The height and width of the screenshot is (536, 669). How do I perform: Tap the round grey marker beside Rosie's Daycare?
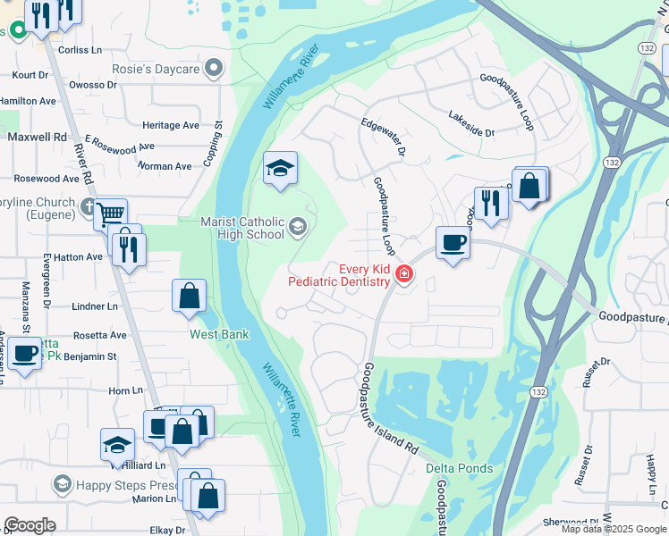(213, 69)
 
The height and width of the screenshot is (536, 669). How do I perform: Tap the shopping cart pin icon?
(109, 214)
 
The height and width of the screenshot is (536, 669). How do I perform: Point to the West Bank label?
(218, 334)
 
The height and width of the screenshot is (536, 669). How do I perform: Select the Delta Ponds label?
(459, 468)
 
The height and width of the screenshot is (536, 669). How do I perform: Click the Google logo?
(30, 525)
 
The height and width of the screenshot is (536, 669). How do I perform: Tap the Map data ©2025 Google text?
(614, 529)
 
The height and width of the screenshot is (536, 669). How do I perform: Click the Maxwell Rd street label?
(37, 138)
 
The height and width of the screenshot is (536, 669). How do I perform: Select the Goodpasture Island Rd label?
(393, 410)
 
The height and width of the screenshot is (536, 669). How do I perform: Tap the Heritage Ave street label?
(171, 126)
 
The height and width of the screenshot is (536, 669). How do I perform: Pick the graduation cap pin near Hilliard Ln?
(117, 444)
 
